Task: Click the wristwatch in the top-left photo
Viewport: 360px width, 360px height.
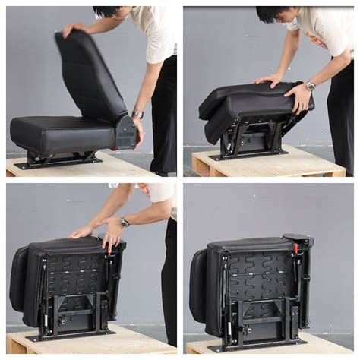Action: pos(138,115)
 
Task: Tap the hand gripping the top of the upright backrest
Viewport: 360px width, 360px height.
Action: pos(74,29)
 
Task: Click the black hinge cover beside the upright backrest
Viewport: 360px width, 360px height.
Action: pos(126,132)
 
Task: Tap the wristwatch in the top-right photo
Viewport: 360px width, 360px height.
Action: pos(311,85)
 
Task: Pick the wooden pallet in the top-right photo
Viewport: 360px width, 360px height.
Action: pos(266,163)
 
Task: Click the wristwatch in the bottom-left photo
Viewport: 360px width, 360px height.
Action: pos(124,222)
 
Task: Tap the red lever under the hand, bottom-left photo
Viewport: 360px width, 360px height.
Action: pos(109,248)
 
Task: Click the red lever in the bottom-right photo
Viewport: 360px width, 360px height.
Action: pos(296,248)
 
